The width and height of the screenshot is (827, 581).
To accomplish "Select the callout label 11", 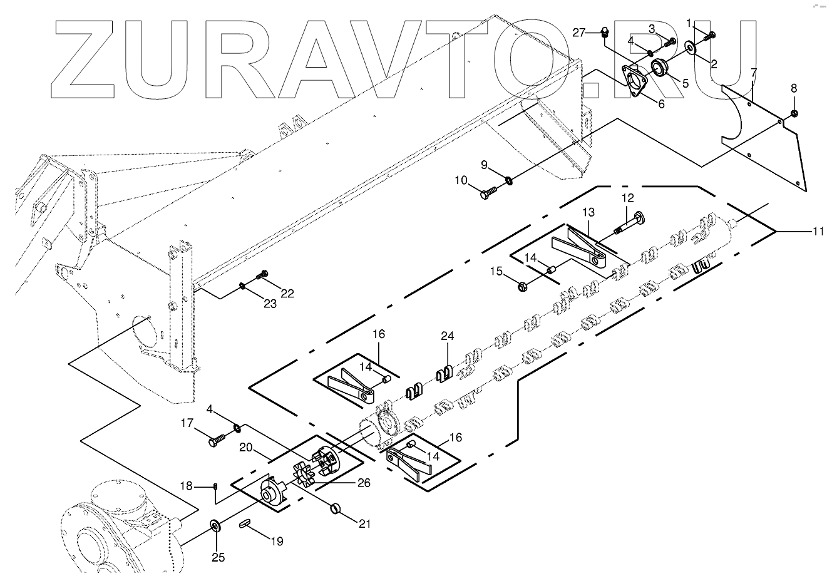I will pos(818,232).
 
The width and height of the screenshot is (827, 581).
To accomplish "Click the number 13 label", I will pos(588,213).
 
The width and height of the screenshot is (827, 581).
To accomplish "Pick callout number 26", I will pos(364,483).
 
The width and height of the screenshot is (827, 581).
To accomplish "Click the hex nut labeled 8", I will pos(793,113).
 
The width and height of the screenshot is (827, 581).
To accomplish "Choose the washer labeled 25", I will pos(216,525).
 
